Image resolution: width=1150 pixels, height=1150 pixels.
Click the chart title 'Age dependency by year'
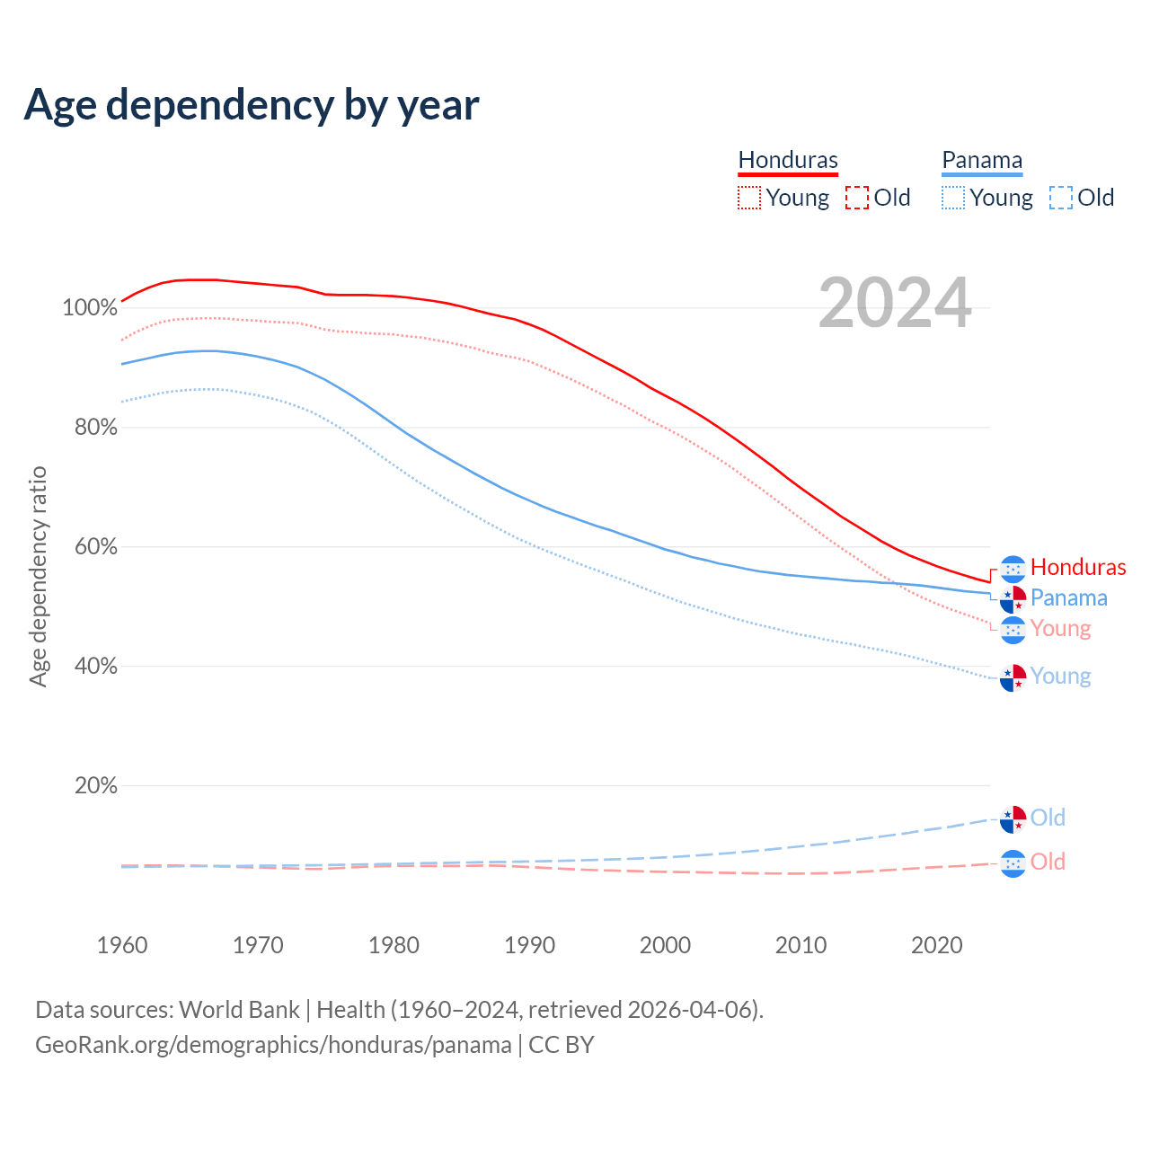(x=252, y=105)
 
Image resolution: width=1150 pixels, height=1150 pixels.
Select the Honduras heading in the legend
(x=788, y=161)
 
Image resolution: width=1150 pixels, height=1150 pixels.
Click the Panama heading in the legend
(x=982, y=161)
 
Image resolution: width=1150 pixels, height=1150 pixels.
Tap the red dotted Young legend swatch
(x=749, y=198)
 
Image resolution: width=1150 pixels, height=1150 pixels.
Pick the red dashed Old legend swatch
(x=857, y=198)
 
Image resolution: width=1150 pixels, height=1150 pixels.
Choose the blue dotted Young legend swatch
(x=953, y=198)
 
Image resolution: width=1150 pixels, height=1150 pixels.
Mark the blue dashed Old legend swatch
(x=1061, y=198)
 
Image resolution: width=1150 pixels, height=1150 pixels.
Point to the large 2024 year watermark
(x=895, y=304)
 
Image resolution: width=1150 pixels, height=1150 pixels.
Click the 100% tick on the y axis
(x=90, y=308)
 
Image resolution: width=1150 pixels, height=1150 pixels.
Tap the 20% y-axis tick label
(x=96, y=786)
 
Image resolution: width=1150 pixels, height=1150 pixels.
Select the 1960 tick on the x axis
(x=122, y=945)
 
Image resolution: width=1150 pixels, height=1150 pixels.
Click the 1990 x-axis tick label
(x=529, y=945)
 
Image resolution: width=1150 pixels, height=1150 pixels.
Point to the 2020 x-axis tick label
(x=936, y=945)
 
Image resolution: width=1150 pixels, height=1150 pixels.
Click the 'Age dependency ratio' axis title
(x=38, y=576)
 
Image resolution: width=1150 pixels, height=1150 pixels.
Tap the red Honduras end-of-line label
(x=1078, y=567)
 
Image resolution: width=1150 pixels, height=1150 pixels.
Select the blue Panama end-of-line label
(x=1068, y=597)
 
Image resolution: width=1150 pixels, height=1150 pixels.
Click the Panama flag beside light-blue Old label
(x=1013, y=819)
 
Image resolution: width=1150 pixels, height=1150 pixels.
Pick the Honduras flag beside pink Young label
(x=1013, y=630)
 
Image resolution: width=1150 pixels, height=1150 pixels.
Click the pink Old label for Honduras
(x=1048, y=862)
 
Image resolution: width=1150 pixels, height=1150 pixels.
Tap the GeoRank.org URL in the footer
(x=273, y=1045)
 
